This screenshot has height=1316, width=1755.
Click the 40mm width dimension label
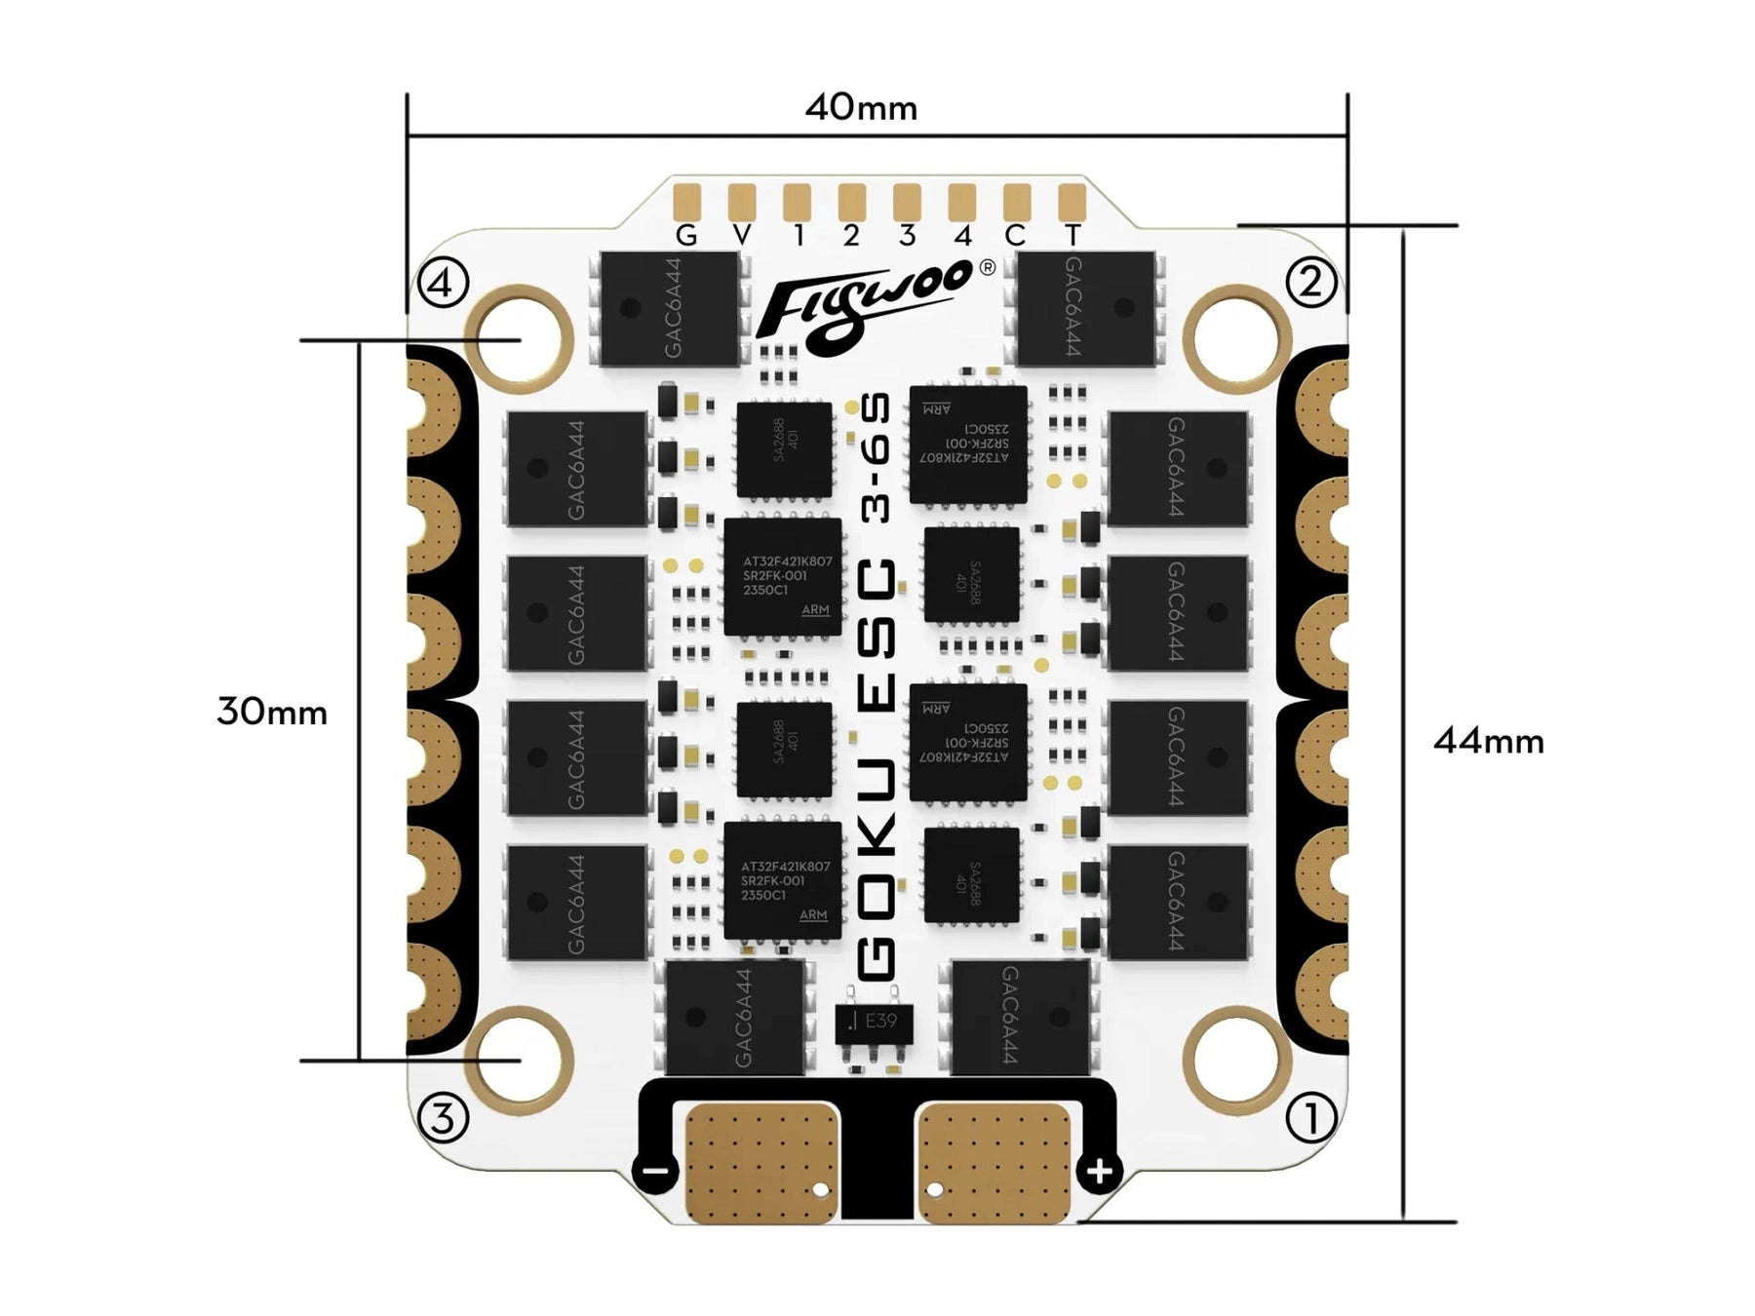[861, 107]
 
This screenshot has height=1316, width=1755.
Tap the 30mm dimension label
[271, 712]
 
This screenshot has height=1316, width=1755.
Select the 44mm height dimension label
[1488, 741]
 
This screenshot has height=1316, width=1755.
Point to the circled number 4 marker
[442, 284]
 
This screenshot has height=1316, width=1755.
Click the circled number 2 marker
[1310, 282]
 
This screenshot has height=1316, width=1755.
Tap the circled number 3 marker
[442, 1117]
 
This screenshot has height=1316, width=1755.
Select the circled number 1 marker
[1310, 1117]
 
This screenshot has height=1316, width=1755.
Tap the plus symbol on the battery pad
[1100, 1171]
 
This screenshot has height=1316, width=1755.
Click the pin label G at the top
[686, 236]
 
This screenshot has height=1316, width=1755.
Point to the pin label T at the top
[1072, 236]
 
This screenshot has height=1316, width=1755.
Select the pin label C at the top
[1015, 236]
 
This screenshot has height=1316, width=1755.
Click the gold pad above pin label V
[742, 202]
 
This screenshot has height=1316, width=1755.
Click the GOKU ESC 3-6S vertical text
[875, 687]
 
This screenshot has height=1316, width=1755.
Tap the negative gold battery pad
[761, 1162]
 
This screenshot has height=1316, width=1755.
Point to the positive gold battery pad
[994, 1162]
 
